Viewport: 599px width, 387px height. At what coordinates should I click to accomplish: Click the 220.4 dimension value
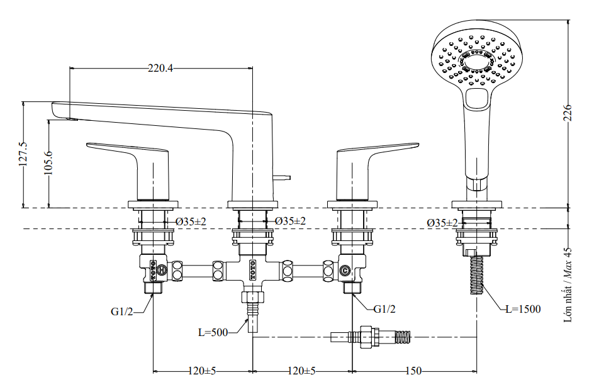pos(160,69)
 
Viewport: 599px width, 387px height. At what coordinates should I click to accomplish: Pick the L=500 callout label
pos(212,332)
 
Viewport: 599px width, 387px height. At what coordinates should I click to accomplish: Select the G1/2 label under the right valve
pos(384,309)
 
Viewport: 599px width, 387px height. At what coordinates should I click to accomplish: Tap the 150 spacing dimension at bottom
pos(413,371)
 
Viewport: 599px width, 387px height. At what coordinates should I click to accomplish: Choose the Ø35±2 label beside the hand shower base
pos(442,223)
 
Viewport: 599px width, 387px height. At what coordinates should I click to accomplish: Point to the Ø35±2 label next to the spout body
pos(290,222)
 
